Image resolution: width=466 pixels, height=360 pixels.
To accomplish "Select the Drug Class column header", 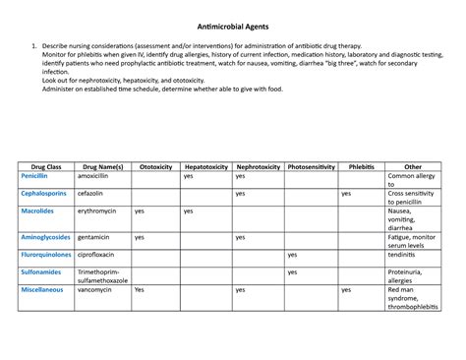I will click(x=46, y=167).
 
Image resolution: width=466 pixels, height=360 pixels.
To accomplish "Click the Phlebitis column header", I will click(x=361, y=167).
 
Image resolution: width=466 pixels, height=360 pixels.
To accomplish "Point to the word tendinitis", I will click(x=406, y=254).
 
